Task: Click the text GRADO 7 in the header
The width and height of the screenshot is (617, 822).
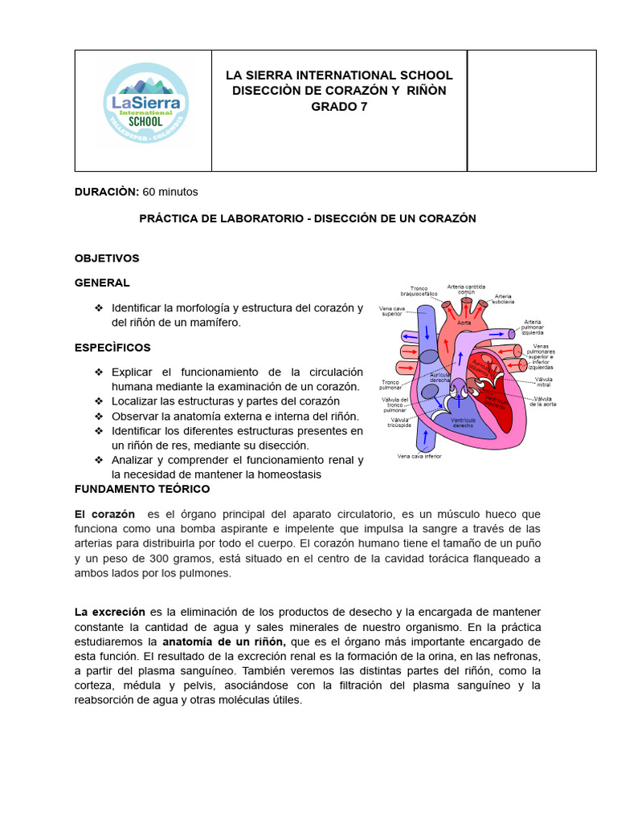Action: (x=339, y=106)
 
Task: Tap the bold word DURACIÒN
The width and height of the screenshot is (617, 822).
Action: (x=107, y=192)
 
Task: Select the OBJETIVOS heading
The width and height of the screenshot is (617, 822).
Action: (x=107, y=258)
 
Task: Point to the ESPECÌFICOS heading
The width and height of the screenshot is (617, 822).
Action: (x=112, y=348)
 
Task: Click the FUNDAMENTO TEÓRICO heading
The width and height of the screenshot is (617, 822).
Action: (x=142, y=488)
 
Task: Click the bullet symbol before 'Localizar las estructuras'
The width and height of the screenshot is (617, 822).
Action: (x=99, y=401)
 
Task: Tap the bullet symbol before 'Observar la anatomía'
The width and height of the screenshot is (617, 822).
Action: (x=99, y=416)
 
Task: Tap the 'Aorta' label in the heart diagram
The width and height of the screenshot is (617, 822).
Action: (x=464, y=323)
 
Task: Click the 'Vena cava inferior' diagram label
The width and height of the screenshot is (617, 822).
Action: (x=419, y=456)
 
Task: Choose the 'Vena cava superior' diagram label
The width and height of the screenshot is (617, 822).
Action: (x=392, y=311)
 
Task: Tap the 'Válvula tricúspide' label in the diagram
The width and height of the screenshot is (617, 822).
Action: (x=402, y=422)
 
